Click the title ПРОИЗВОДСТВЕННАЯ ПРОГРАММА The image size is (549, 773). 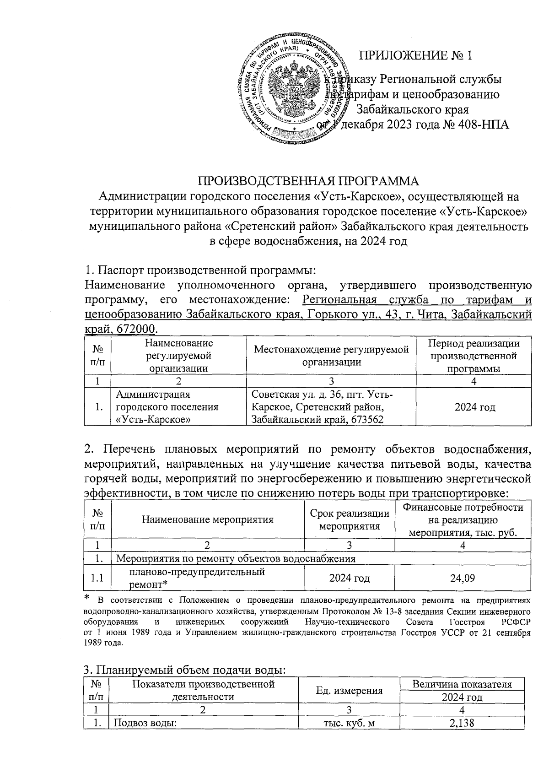[x=308, y=181]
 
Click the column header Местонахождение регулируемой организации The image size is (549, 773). [x=331, y=356]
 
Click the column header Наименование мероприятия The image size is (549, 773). [x=208, y=519]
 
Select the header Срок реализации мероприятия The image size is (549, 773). [x=350, y=519]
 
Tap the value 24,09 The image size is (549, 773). [x=463, y=578]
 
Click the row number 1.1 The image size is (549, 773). [x=97, y=578]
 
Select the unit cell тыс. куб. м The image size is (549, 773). [x=349, y=723]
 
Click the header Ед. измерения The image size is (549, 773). [x=349, y=690]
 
